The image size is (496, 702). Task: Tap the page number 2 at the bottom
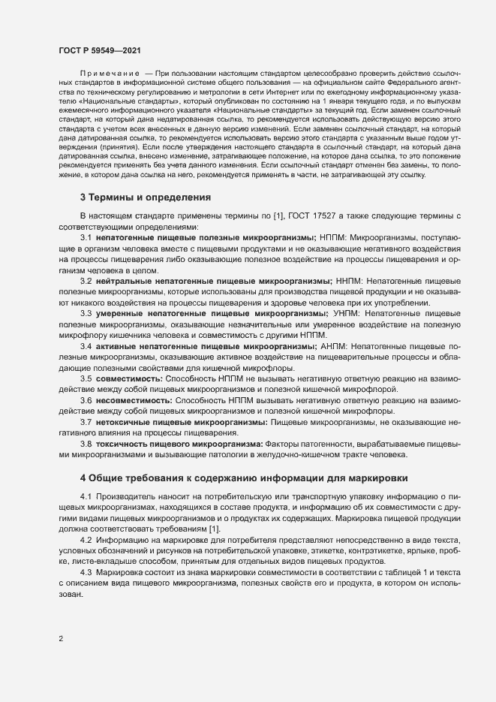click(61, 639)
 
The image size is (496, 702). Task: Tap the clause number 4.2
click(86, 541)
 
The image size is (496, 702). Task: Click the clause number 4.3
click(86, 573)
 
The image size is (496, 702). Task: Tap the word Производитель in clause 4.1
click(128, 497)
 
